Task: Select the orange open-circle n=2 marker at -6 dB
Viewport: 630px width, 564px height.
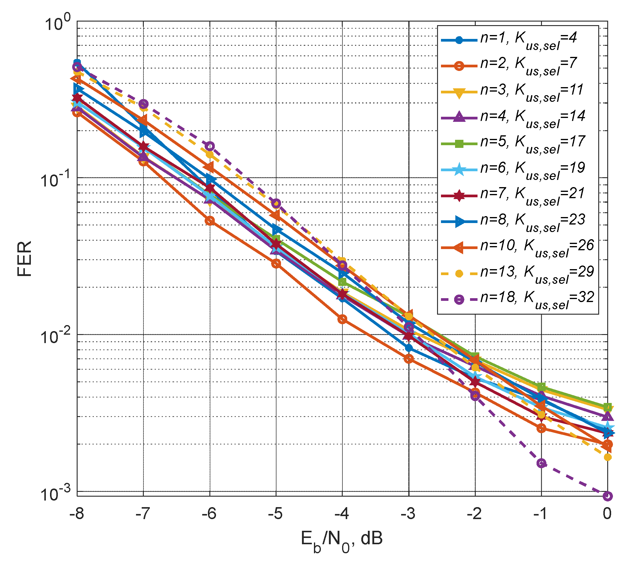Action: click(210, 221)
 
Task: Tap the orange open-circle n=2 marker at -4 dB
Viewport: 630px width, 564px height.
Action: click(342, 319)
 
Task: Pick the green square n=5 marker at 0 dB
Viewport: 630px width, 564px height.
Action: click(607, 407)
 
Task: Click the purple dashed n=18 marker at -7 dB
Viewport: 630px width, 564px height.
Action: click(143, 104)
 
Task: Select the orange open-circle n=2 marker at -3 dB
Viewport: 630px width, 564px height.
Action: click(409, 359)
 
